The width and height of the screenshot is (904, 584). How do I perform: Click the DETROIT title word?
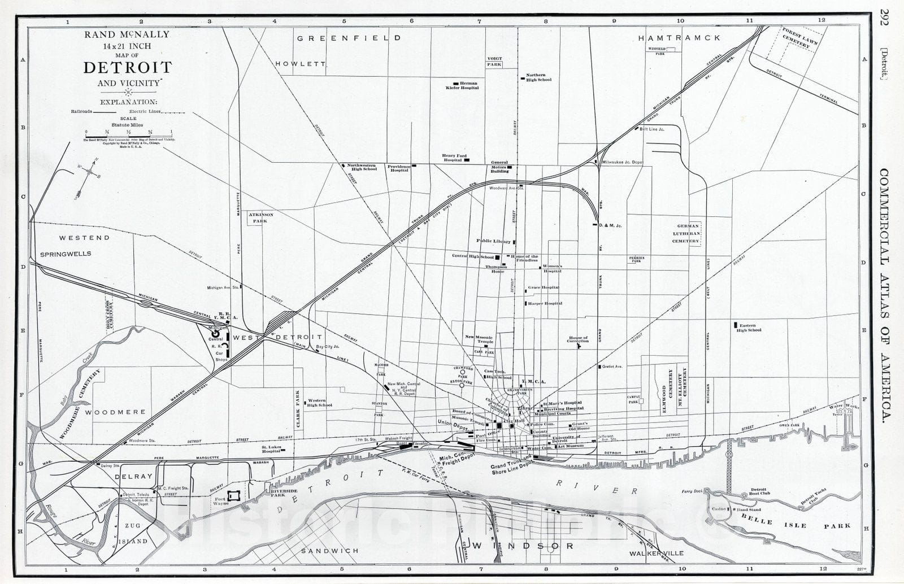point(128,68)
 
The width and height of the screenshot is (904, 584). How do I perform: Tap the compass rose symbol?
point(89,178)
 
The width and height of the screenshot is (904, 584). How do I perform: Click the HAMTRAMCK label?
point(679,38)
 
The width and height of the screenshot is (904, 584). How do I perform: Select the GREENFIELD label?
point(349,38)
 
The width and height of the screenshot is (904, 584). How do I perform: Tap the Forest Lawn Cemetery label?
point(796,37)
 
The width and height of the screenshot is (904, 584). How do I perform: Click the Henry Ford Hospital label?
point(453,158)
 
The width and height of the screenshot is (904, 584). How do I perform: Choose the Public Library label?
point(493,241)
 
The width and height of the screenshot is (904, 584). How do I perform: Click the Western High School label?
point(319,403)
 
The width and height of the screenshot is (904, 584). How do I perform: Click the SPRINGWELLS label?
point(66,254)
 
